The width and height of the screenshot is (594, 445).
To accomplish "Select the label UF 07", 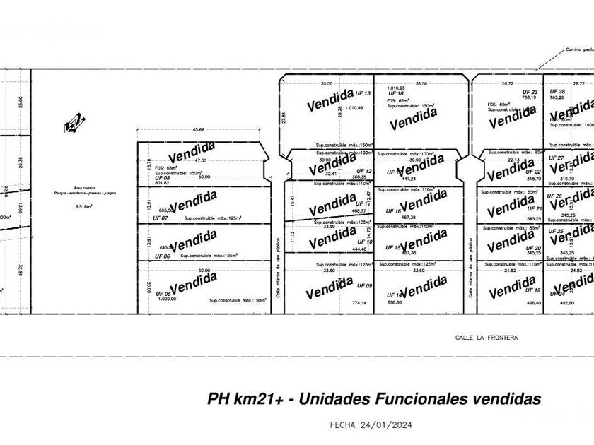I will coord(162,218).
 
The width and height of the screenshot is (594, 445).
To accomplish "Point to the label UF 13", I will coord(363,93).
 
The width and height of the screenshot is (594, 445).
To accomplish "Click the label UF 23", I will coord(530,93).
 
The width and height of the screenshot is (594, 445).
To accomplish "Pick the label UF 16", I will coord(393,211).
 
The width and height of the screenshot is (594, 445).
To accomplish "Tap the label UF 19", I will coord(532,290).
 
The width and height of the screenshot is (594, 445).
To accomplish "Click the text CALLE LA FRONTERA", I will coord(486,338).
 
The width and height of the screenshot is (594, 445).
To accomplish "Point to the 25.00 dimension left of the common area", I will coord(21,103).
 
